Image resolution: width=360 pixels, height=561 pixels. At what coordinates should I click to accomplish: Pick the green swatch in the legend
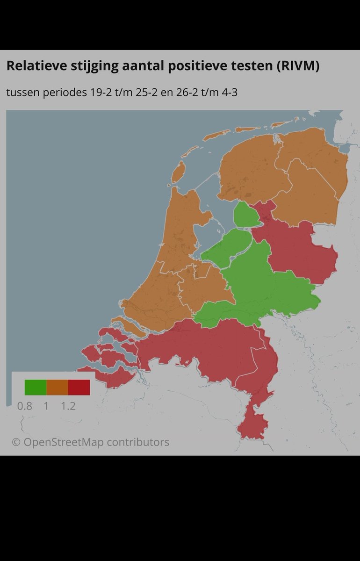[36, 387]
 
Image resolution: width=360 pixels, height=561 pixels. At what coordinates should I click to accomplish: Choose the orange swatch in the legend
[57, 387]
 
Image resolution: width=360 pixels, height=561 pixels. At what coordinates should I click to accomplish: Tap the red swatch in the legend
[79, 387]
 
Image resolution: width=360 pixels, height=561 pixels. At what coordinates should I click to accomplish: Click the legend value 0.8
[24, 406]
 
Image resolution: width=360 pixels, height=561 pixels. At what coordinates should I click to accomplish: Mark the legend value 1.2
[68, 406]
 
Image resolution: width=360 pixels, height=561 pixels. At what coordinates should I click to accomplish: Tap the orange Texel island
[177, 173]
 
